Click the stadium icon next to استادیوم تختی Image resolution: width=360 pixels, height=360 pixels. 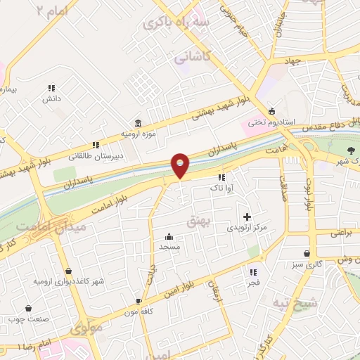(x=271, y=111)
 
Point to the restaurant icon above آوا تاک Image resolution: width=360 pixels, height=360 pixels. (x=222, y=177)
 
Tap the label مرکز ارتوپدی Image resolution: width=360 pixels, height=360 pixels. (x=246, y=228)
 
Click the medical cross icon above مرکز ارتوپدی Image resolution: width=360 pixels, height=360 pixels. (x=246, y=217)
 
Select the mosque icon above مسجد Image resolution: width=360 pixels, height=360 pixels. (x=169, y=236)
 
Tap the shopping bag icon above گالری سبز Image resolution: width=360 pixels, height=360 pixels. (x=307, y=253)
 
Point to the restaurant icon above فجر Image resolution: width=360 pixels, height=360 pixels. (x=252, y=271)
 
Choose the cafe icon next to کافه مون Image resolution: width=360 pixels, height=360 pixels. (x=139, y=301)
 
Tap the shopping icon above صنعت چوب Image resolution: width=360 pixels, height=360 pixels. (x=28, y=308)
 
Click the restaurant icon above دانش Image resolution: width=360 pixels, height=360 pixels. (x=51, y=88)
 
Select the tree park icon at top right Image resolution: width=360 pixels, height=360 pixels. (x=351, y=150)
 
